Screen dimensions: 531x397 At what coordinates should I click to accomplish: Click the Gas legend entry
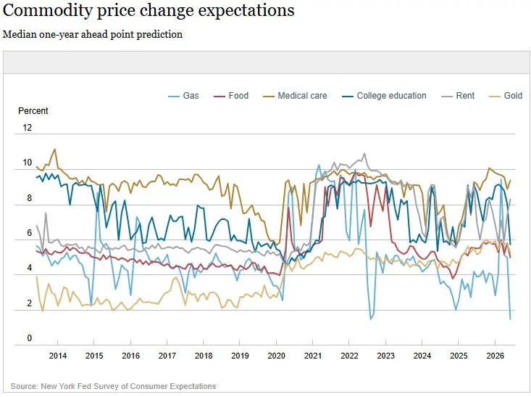pyautogui.click(x=183, y=96)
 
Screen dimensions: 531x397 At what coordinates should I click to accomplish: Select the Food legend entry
pyautogui.click(x=231, y=96)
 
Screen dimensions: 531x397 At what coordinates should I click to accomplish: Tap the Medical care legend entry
pyautogui.click(x=295, y=96)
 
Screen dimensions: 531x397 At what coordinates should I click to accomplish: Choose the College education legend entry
pyautogui.click(x=384, y=96)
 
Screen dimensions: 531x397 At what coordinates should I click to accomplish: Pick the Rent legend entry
pyautogui.click(x=458, y=96)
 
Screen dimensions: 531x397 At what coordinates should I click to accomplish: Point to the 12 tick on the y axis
pyautogui.click(x=27, y=128)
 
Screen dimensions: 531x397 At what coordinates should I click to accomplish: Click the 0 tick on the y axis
pyautogui.click(x=30, y=338)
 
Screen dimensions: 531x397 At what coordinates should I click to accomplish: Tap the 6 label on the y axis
pyautogui.click(x=30, y=233)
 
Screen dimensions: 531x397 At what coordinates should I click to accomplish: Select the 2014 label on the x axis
pyautogui.click(x=57, y=356)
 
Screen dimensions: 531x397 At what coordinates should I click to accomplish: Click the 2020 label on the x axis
pyautogui.click(x=276, y=356)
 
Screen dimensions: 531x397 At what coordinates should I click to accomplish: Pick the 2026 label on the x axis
pyautogui.click(x=495, y=356)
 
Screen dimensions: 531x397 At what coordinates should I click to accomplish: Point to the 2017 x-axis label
pyautogui.click(x=167, y=356)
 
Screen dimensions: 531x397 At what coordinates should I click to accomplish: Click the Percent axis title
pyautogui.click(x=33, y=111)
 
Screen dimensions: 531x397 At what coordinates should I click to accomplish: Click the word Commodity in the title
pyautogui.click(x=47, y=10)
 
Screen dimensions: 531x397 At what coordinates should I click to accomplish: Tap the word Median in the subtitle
pyautogui.click(x=20, y=34)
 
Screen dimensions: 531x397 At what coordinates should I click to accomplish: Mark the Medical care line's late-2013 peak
pyautogui.click(x=55, y=149)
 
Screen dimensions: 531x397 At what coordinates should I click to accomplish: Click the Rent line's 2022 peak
pyautogui.click(x=364, y=153)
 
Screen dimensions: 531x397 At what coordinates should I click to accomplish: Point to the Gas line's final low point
pyautogui.click(x=510, y=319)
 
